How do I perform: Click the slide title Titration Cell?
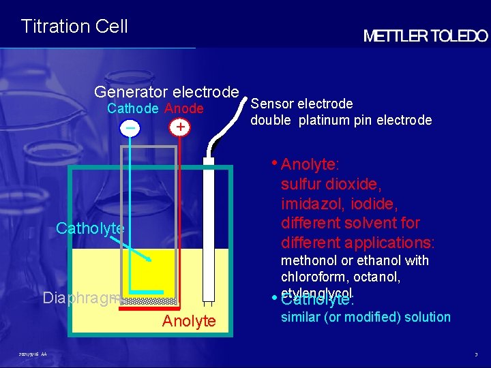74,27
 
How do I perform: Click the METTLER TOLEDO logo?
426,36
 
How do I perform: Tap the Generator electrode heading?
166,92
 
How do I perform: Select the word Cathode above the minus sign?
133,109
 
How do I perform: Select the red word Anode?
183,109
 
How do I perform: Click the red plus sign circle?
179,127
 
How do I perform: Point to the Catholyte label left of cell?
89,228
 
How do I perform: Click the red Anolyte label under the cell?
189,321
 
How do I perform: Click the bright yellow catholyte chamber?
153,273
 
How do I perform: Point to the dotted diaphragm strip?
151,300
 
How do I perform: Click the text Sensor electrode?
301,104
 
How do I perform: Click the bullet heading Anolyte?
310,164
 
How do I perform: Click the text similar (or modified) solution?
366,317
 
